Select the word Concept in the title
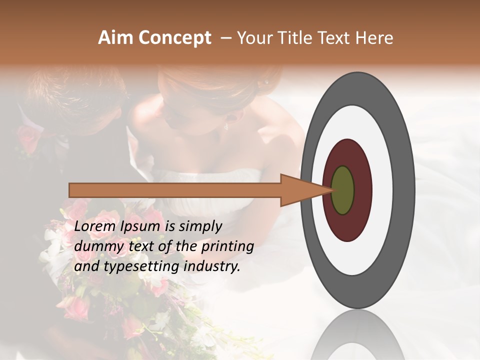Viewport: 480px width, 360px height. coord(174,38)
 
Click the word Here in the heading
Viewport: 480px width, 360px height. coord(376,38)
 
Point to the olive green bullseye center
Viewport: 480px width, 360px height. coord(343,190)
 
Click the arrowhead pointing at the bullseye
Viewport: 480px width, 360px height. coord(300,190)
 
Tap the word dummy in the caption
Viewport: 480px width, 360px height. coord(96,247)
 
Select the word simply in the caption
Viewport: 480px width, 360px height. coord(200,227)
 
